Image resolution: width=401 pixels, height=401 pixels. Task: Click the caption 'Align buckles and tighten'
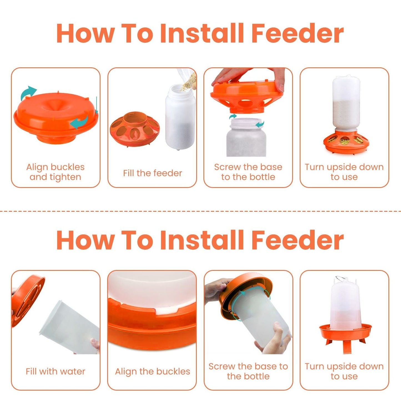pyautogui.click(x=55, y=172)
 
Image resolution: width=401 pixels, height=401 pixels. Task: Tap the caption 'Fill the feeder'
pyautogui.click(x=153, y=173)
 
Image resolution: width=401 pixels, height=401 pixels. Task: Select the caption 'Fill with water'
pyautogui.click(x=55, y=371)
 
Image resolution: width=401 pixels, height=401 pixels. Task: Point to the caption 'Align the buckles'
pyautogui.click(x=153, y=371)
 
